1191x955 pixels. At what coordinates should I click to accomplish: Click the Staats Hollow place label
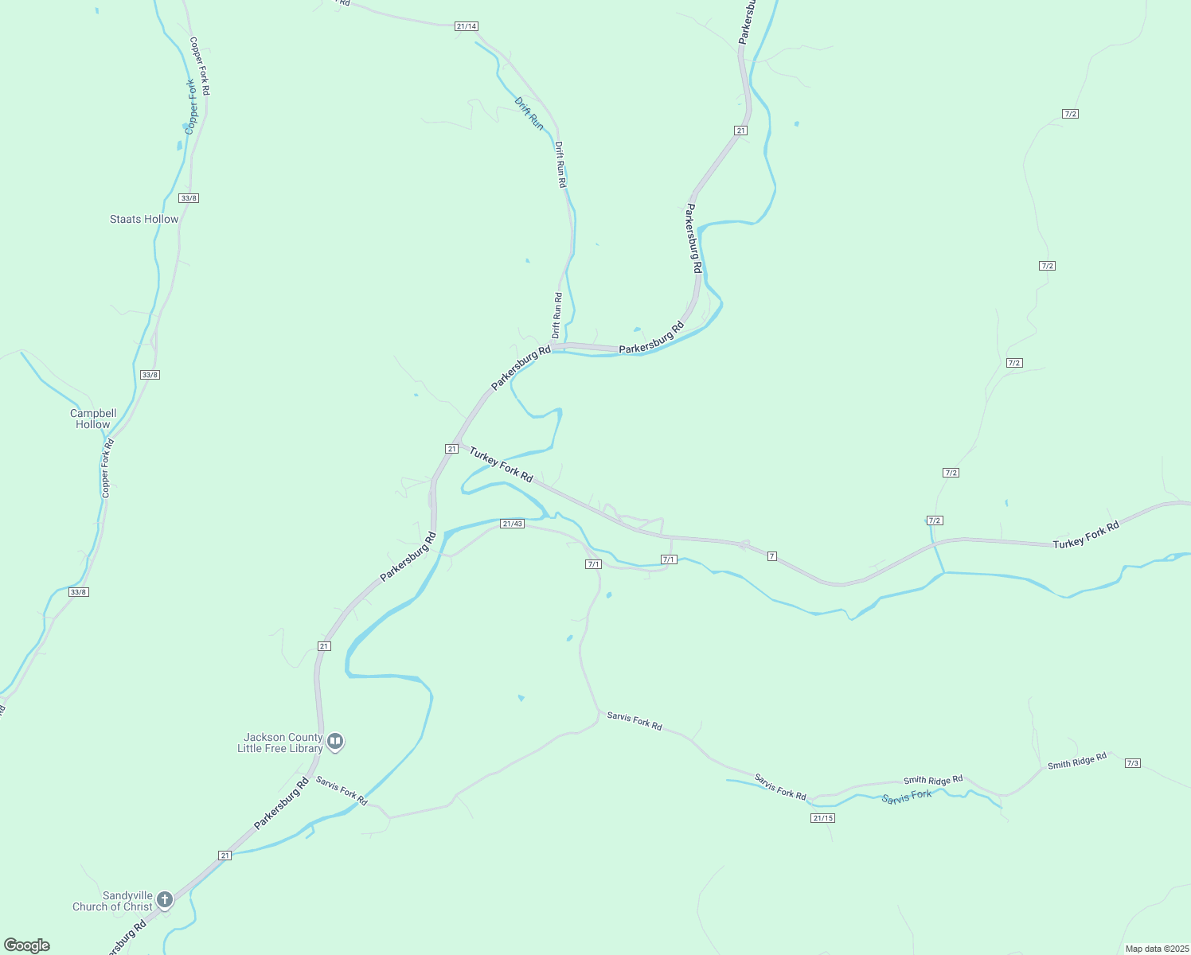144,219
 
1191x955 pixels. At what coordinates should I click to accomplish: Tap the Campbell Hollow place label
93,419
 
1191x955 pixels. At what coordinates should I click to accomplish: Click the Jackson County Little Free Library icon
335,743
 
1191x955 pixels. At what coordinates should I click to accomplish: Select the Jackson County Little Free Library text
280,743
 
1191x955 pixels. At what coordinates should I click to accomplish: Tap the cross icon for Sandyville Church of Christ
165,900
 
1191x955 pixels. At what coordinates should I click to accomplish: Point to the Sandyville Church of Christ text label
112,901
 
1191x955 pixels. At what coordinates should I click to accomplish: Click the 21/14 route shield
467,26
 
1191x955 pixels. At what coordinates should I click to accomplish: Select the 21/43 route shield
512,524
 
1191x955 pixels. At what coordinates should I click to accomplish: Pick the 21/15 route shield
822,818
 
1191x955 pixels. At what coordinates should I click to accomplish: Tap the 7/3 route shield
1133,763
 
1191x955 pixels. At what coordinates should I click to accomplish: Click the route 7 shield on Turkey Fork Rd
772,555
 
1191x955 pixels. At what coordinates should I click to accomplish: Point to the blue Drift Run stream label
529,114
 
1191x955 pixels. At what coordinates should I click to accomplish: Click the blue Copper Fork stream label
191,106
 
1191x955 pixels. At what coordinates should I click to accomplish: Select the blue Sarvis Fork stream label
906,797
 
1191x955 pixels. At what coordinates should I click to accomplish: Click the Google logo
27,945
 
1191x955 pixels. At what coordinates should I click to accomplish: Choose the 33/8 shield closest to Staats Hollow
189,198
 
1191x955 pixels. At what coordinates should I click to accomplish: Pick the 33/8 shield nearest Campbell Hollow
150,375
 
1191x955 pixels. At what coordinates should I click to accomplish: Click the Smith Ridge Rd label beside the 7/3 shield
1076,761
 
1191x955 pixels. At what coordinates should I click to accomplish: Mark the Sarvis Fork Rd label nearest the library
341,790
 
